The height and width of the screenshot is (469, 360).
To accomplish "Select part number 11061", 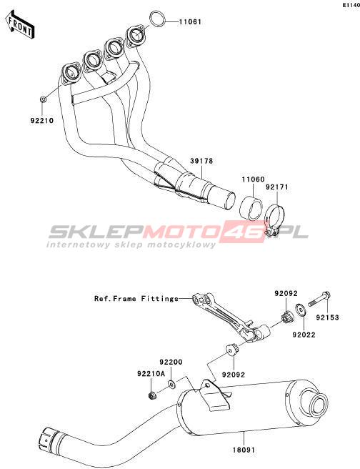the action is pyautogui.click(x=190, y=22).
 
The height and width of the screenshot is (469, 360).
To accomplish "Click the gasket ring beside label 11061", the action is pyautogui.click(x=157, y=19).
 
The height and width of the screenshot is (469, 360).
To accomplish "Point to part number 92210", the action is pyautogui.click(x=42, y=121).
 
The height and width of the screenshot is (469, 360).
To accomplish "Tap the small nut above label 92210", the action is pyautogui.click(x=43, y=99).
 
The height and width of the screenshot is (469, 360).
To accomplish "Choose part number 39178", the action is pyautogui.click(x=201, y=161).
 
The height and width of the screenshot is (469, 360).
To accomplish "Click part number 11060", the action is pyautogui.click(x=253, y=179).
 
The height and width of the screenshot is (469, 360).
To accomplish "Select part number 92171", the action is pyautogui.click(x=277, y=187).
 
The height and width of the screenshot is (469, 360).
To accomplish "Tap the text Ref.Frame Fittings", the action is pyautogui.click(x=136, y=299).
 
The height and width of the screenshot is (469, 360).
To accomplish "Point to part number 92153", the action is pyautogui.click(x=328, y=317).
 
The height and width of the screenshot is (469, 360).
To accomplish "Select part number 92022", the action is pyautogui.click(x=304, y=335).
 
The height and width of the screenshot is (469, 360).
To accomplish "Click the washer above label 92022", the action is pyautogui.click(x=300, y=310).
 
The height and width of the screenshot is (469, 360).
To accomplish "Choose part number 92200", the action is pyautogui.click(x=171, y=362).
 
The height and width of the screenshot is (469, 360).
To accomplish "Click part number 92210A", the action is pyautogui.click(x=151, y=374).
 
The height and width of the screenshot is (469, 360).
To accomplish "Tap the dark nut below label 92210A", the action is pyautogui.click(x=152, y=395).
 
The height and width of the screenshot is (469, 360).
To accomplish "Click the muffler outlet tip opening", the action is pyautogui.click(x=318, y=405).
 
